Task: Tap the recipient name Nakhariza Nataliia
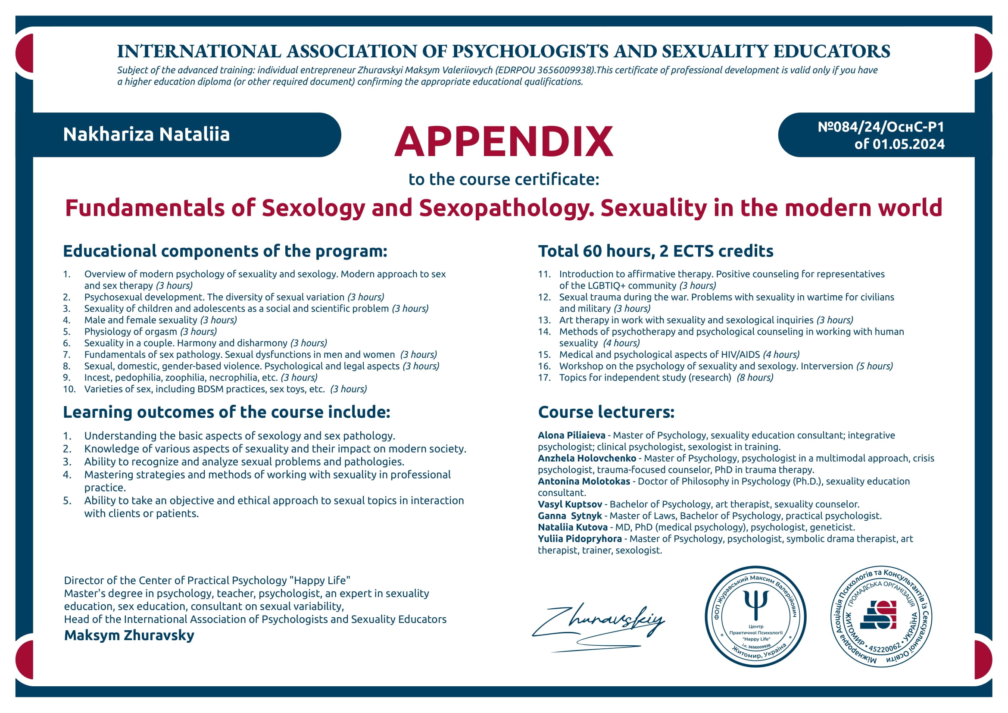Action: (x=146, y=134)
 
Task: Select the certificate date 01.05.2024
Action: (x=908, y=144)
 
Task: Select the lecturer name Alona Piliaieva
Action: (x=571, y=435)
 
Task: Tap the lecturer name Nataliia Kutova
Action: (x=572, y=527)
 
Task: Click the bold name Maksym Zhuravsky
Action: (x=129, y=635)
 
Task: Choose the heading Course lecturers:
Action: (x=606, y=412)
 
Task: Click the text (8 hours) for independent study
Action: (x=755, y=378)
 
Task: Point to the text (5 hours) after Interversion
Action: (x=874, y=366)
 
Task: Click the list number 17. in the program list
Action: (x=544, y=378)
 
